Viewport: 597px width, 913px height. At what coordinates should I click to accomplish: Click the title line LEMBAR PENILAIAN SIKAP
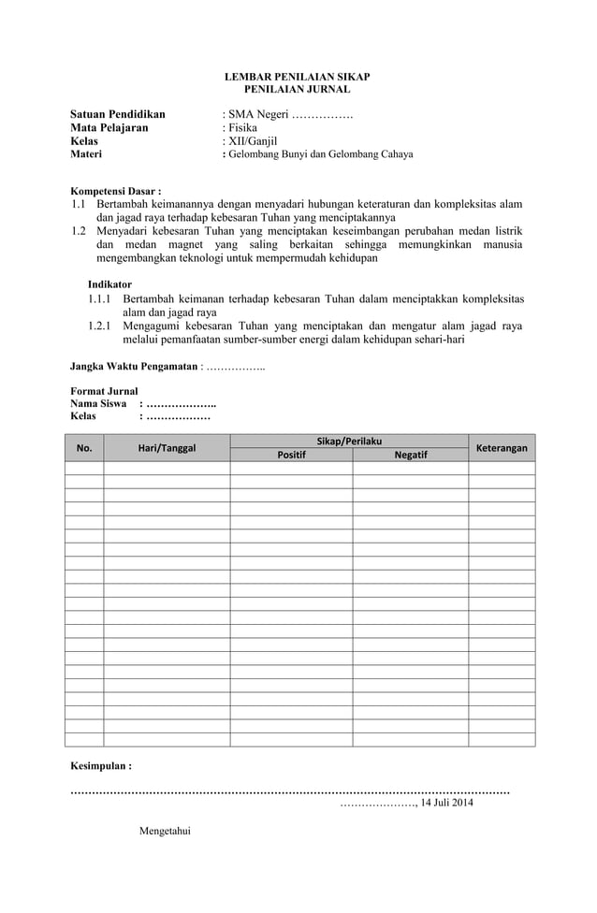pyautogui.click(x=297, y=76)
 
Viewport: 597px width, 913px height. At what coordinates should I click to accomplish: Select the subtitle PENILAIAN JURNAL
pyautogui.click(x=297, y=89)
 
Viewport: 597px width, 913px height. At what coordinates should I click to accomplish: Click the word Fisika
pyautogui.click(x=238, y=128)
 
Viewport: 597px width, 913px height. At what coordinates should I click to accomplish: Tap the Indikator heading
pyautogui.click(x=109, y=283)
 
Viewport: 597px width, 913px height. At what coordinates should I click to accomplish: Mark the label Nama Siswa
pyautogui.click(x=99, y=403)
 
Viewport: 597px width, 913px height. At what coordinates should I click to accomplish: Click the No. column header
pyautogui.click(x=84, y=448)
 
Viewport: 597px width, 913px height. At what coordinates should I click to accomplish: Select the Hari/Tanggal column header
pyautogui.click(x=167, y=448)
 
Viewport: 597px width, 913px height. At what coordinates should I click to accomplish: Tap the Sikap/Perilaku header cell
pyautogui.click(x=349, y=441)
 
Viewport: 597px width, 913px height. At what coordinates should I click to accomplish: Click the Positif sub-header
pyautogui.click(x=291, y=455)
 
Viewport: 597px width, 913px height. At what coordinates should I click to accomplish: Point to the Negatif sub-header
pyautogui.click(x=411, y=455)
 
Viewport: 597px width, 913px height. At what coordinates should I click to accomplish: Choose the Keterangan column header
pyautogui.click(x=502, y=448)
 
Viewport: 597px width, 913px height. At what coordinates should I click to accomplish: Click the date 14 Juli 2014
pyautogui.click(x=446, y=803)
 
